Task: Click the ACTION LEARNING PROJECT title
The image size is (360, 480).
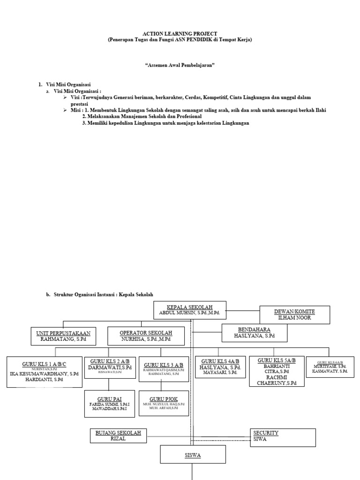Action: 180,34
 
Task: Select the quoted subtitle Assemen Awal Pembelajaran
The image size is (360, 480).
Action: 180,66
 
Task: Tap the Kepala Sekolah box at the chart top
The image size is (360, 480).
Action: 189,310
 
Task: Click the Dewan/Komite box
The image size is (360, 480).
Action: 294,315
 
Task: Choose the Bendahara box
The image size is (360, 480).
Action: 254,333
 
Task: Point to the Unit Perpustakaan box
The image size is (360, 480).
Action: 63,336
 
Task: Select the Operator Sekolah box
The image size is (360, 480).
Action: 146,336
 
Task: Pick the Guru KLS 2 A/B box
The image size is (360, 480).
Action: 109,367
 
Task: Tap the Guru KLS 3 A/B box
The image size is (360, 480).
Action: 163,368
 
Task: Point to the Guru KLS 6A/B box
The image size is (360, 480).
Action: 330,367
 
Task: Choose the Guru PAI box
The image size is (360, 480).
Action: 109,404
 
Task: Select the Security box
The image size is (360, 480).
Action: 283,437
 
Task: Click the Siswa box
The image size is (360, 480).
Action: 193,455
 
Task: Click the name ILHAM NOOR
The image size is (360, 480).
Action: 294,318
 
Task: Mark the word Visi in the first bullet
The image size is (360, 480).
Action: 75,97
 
